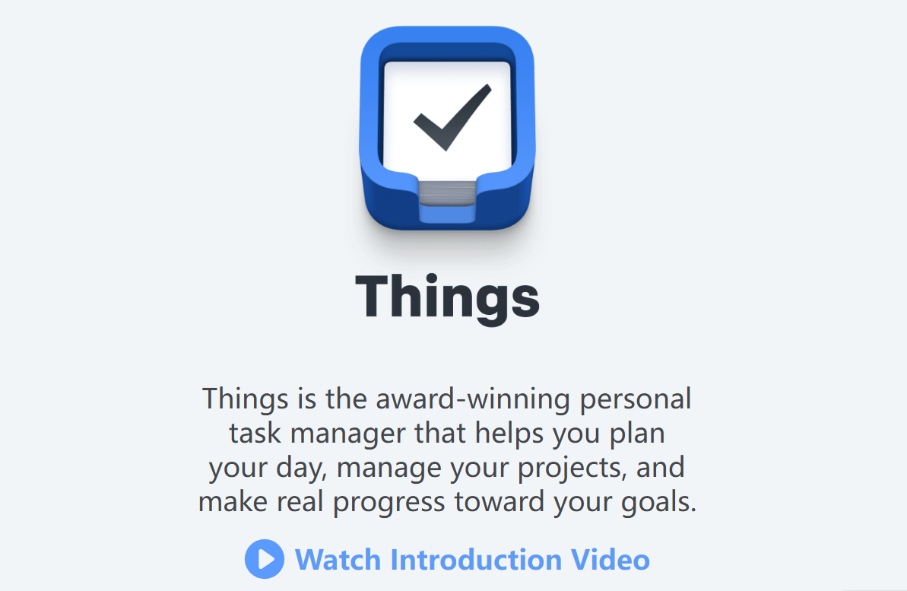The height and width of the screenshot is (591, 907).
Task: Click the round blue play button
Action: coord(264,559)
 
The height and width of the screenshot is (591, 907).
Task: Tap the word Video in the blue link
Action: coord(611,560)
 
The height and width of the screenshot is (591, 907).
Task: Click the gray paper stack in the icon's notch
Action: coord(447,191)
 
